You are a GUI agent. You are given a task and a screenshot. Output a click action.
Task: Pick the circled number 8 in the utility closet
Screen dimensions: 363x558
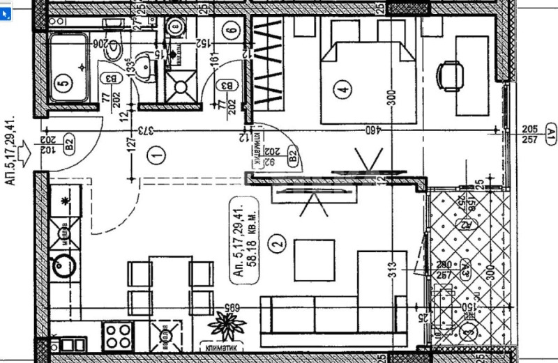(x=176, y=28)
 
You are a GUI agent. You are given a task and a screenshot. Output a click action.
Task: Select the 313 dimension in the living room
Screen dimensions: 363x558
(x=393, y=266)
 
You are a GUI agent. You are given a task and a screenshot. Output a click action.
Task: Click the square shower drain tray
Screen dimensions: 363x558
(x=183, y=87)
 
